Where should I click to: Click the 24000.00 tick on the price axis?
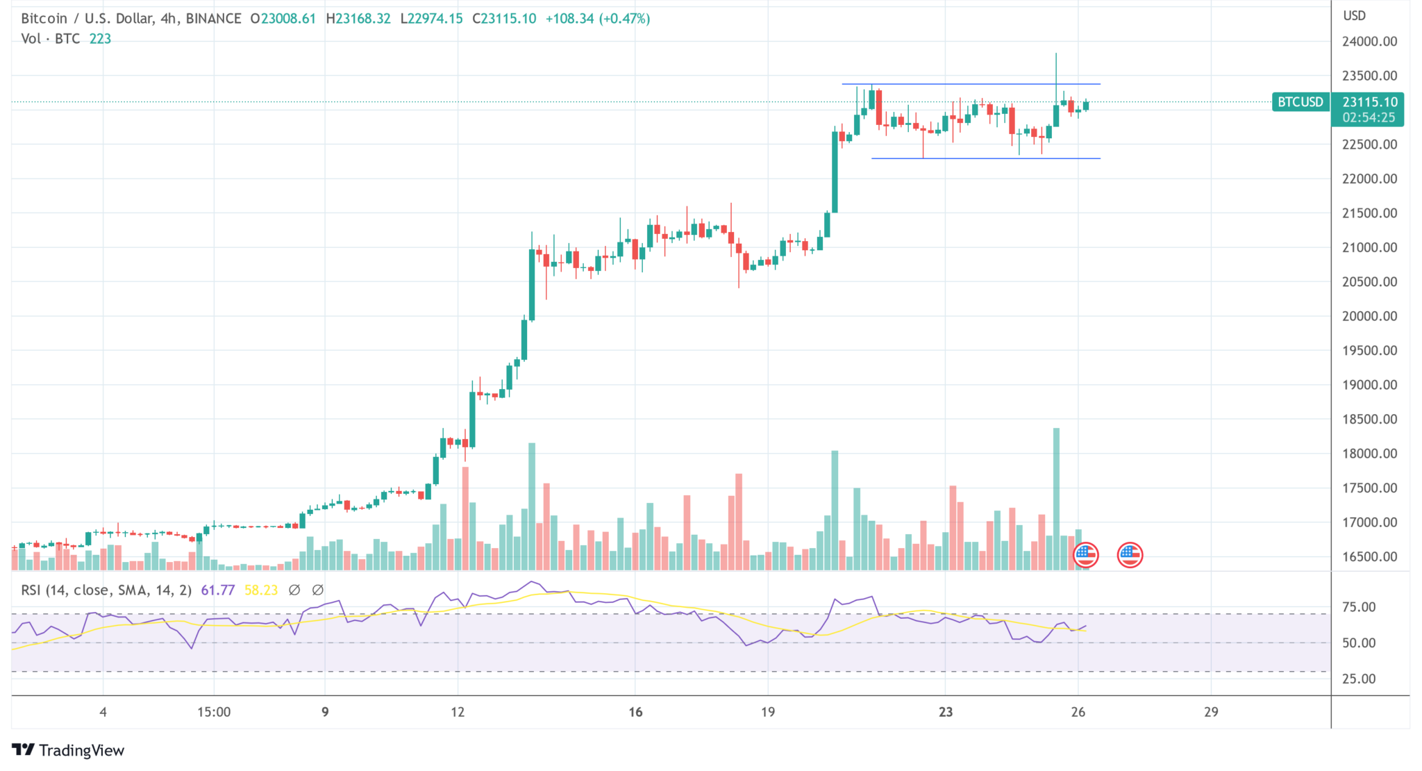[x=1369, y=42]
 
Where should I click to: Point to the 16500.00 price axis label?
[x=1369, y=556]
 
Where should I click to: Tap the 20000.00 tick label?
[x=1369, y=316]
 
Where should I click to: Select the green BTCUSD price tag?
[x=1300, y=102]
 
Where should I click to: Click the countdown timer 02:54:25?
[x=1368, y=117]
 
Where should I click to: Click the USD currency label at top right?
[x=1354, y=15]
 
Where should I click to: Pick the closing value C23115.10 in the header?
[x=504, y=19]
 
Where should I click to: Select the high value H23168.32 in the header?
[x=358, y=19]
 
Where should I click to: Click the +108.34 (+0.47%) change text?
[x=597, y=19]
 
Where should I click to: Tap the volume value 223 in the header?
[x=100, y=39]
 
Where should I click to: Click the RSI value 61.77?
[x=217, y=590]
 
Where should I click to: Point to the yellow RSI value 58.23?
[x=261, y=590]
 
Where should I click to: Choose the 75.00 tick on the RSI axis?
[x=1359, y=607]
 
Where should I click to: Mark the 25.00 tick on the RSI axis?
[x=1359, y=679]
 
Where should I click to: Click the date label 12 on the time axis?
[x=458, y=712]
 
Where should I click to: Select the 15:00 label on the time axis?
[x=214, y=712]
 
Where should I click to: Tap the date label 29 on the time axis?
[x=1211, y=712]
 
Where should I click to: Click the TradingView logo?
[x=68, y=750]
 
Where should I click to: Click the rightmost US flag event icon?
[x=1130, y=555]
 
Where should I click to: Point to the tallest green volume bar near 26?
[x=1056, y=499]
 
